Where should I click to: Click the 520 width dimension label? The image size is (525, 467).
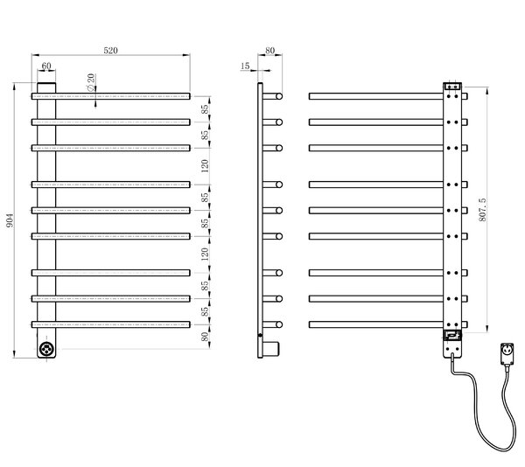coord(110,51)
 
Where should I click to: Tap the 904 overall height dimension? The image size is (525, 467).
coord(10,220)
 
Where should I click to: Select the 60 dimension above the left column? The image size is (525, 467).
coord(46,66)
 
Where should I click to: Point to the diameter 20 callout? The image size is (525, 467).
coord(91,82)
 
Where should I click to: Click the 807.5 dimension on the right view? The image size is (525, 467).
coord(482,210)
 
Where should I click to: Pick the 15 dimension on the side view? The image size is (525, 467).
coord(245,66)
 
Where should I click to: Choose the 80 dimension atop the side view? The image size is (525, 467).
coord(269,51)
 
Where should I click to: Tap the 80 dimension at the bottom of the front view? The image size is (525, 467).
coord(205,337)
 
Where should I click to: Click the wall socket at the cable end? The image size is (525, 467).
coord(507,353)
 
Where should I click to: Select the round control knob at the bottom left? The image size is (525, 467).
coord(46,349)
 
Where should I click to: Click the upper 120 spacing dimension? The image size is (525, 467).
coord(205,166)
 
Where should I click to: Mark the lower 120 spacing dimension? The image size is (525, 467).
coord(205,254)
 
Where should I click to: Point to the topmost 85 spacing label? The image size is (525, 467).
coord(205,109)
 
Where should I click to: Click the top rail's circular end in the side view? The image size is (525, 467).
coord(279,96)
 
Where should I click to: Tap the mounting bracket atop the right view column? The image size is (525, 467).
coord(452,87)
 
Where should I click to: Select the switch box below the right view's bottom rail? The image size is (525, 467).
coord(452,335)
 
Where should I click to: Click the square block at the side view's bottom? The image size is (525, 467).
coord(271,350)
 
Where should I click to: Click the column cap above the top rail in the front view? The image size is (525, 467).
coord(46,87)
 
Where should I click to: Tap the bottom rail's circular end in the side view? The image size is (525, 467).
coord(279,324)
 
